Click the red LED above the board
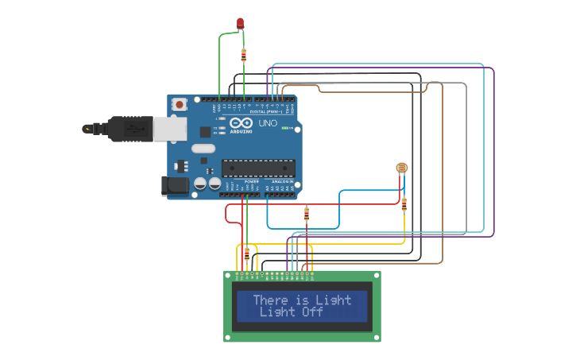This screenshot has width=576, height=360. click(240, 23)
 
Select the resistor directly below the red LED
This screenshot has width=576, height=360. click(243, 55)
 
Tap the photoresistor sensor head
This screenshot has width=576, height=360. click(401, 168)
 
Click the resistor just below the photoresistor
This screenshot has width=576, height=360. click(404, 204)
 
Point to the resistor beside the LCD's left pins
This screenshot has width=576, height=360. click(246, 254)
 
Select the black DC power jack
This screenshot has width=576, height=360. click(176, 186)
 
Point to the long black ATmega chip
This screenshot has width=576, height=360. click(257, 168)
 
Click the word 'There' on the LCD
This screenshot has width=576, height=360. click(270, 300)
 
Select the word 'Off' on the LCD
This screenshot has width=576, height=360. click(313, 312)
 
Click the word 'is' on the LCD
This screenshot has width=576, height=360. click(302, 300)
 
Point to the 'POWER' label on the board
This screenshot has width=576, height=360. click(251, 182)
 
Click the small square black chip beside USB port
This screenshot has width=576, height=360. click(204, 132)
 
